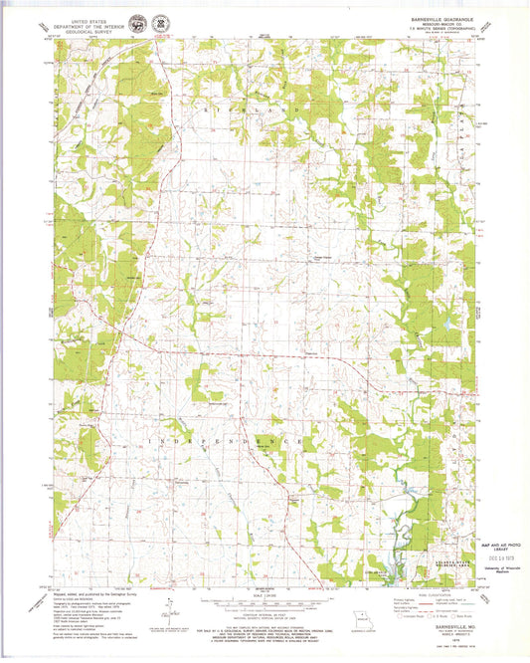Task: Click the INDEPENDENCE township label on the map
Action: tap(229, 439)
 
